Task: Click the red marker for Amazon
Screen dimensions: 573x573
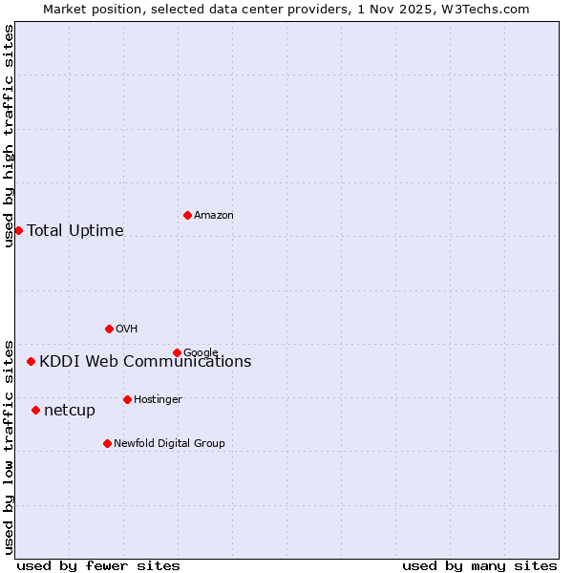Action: click(187, 215)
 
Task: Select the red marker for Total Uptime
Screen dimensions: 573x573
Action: click(18, 230)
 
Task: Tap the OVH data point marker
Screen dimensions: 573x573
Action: click(109, 329)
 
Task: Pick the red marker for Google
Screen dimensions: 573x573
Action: click(177, 352)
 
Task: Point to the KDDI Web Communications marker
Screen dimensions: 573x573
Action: click(31, 361)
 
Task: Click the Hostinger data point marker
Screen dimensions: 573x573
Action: click(127, 399)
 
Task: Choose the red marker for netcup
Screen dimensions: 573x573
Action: click(35, 410)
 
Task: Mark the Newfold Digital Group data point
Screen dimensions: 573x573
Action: click(107, 443)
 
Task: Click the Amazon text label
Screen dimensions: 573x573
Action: click(214, 216)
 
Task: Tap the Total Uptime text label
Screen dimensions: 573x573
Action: click(75, 230)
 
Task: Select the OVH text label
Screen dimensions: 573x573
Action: click(127, 329)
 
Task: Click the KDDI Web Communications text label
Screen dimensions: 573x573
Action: click(145, 361)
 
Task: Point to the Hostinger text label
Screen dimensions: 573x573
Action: click(158, 399)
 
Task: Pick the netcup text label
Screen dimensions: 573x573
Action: click(70, 411)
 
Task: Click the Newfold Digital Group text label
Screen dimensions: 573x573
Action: click(169, 443)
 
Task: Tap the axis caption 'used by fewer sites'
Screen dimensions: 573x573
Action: click(98, 565)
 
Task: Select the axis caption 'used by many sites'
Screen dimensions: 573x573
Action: click(479, 565)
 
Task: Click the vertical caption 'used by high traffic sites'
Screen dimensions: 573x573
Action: click(9, 136)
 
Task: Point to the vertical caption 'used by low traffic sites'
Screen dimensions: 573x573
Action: click(9, 445)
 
